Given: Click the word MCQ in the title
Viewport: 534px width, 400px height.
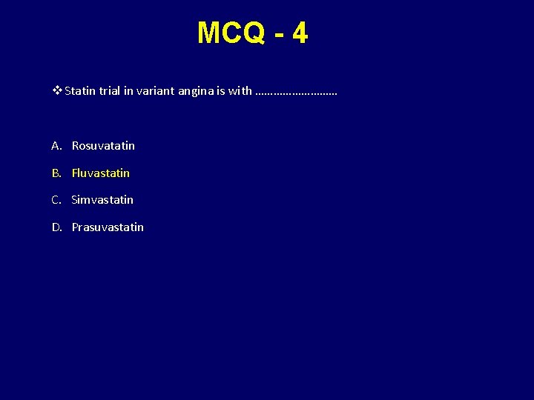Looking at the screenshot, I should click(230, 33).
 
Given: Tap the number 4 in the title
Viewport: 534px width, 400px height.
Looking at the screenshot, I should click(300, 33).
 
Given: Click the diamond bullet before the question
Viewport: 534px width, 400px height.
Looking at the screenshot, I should click(58, 91).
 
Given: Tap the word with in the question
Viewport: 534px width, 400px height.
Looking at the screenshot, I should click(240, 91).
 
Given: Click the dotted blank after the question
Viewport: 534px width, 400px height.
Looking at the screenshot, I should click(295, 93).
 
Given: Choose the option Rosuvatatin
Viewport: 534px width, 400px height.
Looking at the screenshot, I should click(103, 146).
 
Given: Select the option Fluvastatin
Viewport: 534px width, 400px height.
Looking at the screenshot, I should click(101, 173).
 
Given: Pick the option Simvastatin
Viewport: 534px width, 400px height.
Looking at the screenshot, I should click(102, 199).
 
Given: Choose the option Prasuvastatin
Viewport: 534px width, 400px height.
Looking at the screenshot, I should click(108, 227).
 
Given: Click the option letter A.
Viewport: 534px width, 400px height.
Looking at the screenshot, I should click(56, 146).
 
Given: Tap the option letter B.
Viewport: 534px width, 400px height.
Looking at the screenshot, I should click(56, 173).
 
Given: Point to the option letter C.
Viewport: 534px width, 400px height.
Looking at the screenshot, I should click(56, 199).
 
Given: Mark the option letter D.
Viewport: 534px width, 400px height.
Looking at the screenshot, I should click(56, 227).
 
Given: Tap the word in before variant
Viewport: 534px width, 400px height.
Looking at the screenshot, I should click(131, 91).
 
